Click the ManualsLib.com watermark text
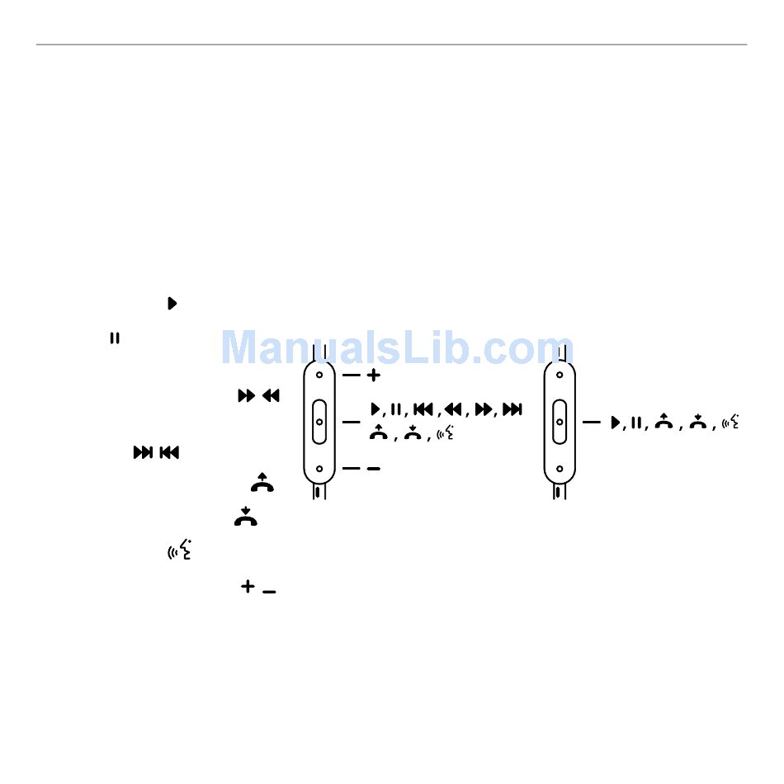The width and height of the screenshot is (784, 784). (x=397, y=347)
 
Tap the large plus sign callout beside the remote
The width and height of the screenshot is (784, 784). (x=374, y=375)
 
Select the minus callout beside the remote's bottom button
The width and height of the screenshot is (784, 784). (x=373, y=469)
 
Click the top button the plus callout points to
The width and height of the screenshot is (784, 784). (x=319, y=374)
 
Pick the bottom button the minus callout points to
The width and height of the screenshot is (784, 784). (x=319, y=469)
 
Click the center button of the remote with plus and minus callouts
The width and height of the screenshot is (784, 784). (x=319, y=421)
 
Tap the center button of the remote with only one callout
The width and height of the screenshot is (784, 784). (x=560, y=421)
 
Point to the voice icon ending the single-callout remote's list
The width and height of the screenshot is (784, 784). (x=730, y=422)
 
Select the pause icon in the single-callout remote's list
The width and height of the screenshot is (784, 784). (x=636, y=423)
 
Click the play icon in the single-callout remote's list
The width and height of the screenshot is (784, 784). (x=614, y=423)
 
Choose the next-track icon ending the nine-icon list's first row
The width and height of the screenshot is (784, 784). (x=512, y=409)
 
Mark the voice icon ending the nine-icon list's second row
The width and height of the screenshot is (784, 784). (x=445, y=432)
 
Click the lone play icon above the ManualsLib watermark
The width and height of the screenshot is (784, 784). (x=172, y=303)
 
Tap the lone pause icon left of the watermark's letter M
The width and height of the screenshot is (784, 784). (x=116, y=338)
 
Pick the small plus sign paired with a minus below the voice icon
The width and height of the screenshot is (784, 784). (x=247, y=586)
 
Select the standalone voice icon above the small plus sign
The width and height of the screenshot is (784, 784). (x=180, y=549)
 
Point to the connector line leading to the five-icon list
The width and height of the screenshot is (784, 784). (x=592, y=422)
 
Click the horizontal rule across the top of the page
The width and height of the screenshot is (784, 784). (x=391, y=45)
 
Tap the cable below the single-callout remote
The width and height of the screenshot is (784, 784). (x=560, y=492)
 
